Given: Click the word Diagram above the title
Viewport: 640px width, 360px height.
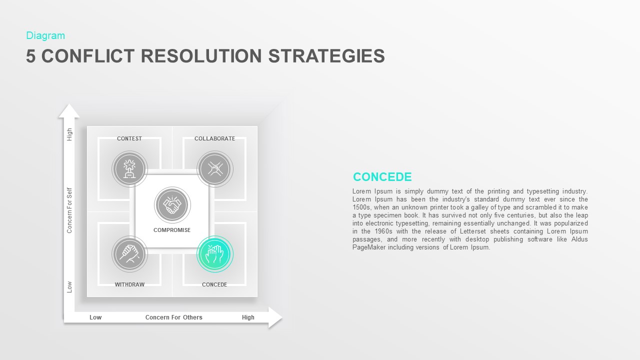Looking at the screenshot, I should pos(45,35).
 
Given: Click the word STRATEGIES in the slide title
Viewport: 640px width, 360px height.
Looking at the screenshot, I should pos(326,56).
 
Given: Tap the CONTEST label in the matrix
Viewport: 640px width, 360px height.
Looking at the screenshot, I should pos(129,138).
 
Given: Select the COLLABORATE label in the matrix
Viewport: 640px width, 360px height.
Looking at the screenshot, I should pos(214,138).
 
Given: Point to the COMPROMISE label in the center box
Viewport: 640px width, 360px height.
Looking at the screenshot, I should pos(172,230).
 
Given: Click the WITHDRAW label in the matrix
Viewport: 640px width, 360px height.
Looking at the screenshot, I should pos(129,284).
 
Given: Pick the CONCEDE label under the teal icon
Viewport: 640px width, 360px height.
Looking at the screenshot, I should pos(214,284).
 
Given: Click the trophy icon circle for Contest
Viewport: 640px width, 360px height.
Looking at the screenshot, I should pos(130,169).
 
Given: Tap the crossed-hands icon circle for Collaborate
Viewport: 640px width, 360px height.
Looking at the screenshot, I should pos(215,169).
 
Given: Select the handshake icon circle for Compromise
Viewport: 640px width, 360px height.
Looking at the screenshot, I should pos(172,205).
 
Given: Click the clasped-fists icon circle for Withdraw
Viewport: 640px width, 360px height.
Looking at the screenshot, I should pos(130,254).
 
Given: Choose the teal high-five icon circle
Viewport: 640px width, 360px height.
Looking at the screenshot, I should pos(215,254).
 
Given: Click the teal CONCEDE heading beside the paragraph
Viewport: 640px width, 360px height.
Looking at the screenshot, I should pos(382,177).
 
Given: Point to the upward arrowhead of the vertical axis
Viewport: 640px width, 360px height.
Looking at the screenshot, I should pos(69,111).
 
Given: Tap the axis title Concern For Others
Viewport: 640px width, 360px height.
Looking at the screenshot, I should pos(174,317).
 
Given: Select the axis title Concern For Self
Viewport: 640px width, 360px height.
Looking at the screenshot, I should pos(70,210).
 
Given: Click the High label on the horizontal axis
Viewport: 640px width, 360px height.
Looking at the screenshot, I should pos(248,317).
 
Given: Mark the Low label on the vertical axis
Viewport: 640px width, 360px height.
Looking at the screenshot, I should pos(70,286).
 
